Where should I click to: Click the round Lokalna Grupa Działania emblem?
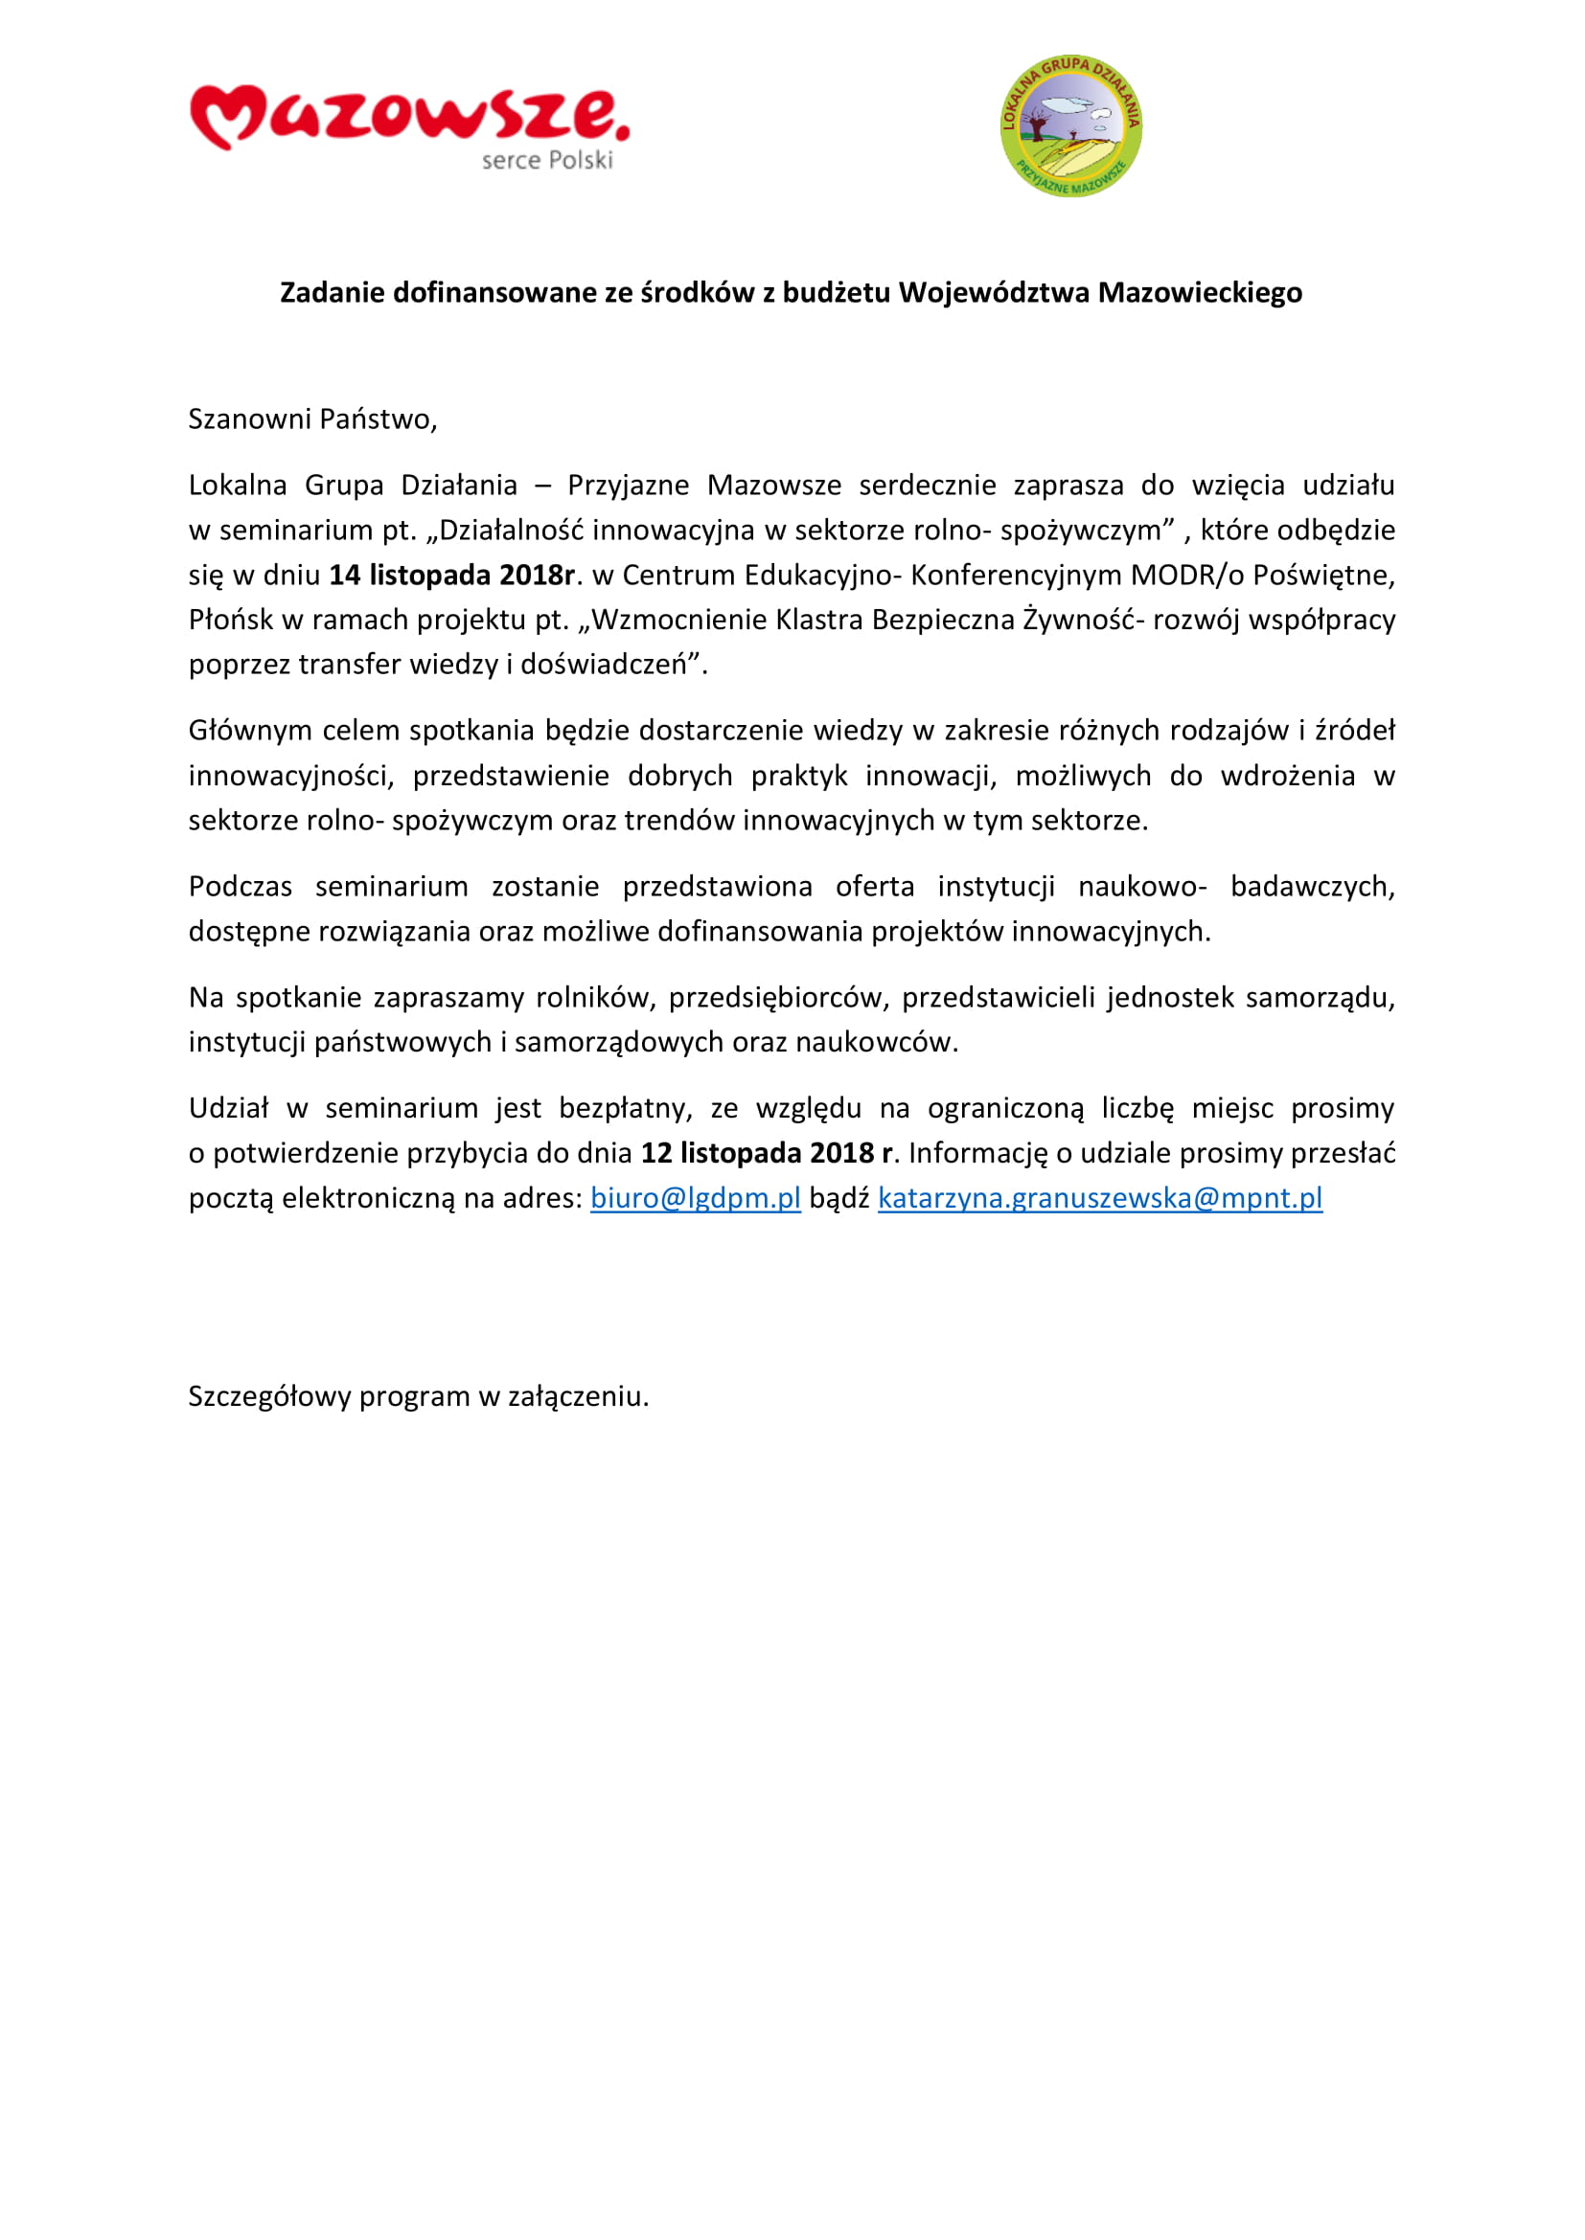(1070, 125)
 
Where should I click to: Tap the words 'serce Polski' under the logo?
(546, 161)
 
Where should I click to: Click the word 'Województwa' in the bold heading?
(995, 293)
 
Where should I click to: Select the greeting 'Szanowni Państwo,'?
(312, 419)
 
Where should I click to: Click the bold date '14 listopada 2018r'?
(452, 576)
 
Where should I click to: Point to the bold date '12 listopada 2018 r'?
(767, 1153)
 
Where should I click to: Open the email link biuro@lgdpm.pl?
(695, 1198)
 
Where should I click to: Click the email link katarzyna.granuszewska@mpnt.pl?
(1100, 1198)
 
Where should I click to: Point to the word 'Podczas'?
(241, 887)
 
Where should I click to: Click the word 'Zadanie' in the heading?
(332, 293)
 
